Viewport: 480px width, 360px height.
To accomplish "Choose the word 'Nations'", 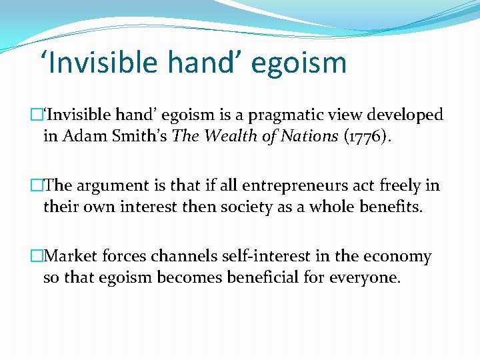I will pos(311,136).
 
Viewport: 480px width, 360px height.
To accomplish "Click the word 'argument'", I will pos(115,186).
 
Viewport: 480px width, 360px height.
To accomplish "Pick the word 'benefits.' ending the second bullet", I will pos(390,207).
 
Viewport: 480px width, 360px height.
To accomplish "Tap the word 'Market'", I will pos(73,257).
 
